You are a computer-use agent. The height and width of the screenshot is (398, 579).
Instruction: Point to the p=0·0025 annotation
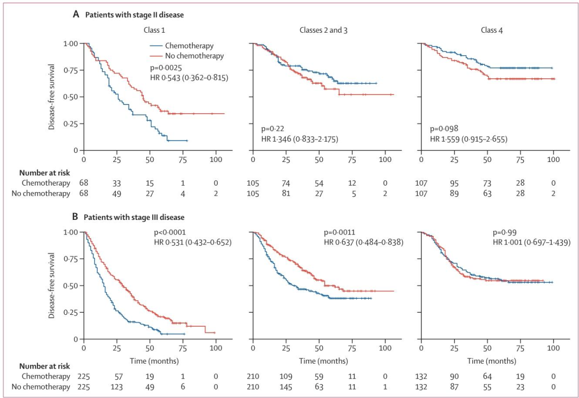168,68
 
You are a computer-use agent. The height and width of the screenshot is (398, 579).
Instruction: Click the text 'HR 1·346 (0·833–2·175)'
300,139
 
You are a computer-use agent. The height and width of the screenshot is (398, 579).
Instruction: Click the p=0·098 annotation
446,129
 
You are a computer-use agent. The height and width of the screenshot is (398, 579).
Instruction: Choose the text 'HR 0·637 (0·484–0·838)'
363,242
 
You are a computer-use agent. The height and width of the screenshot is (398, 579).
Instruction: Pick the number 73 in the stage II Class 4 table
487,182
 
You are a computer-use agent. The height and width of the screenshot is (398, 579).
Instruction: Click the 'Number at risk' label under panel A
42,172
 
